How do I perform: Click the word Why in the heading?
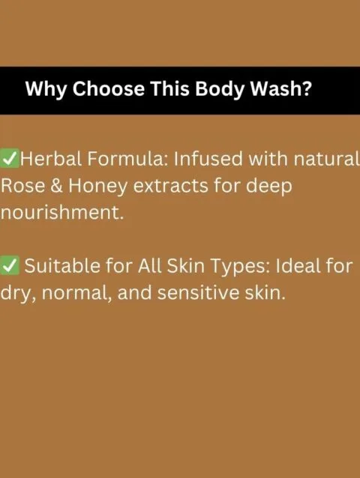46,89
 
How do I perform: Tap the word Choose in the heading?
109,88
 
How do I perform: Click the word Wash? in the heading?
280,88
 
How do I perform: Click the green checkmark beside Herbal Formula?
10,158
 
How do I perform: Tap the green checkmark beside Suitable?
10,265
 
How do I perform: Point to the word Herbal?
51,159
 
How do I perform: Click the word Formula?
127,159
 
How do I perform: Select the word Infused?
208,159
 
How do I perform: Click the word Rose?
22,186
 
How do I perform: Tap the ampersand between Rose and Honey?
56,186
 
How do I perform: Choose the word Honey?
97,187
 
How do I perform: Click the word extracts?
170,186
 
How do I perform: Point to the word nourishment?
62,212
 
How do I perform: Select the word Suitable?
62,265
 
